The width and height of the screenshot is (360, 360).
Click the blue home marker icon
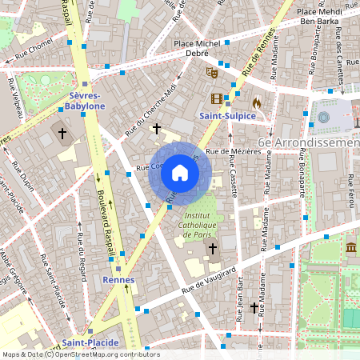[x=180, y=172]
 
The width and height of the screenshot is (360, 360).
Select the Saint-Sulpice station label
[x=226, y=116]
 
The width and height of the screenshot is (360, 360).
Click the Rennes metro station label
[x=118, y=280]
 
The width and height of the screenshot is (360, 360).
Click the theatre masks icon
[x=213, y=71]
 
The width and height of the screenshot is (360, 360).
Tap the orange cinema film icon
[x=216, y=98]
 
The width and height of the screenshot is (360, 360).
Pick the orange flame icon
[x=256, y=102]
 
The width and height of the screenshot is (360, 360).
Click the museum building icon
[x=352, y=250]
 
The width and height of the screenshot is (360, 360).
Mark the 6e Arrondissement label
[x=311, y=142]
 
